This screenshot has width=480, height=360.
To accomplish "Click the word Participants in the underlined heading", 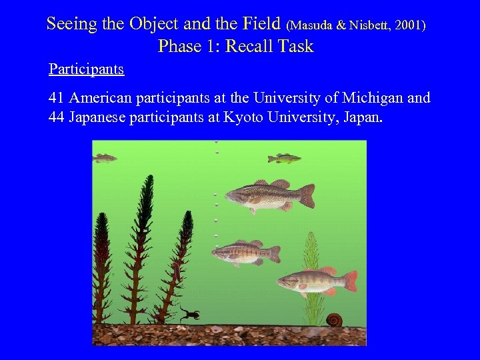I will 86,69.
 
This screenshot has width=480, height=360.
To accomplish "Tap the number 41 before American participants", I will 57,98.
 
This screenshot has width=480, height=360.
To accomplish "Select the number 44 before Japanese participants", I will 57,118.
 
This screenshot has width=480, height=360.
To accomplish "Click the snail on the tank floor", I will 333,319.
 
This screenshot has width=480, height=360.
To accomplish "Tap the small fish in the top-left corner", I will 104,158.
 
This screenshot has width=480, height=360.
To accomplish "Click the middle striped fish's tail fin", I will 273,254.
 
